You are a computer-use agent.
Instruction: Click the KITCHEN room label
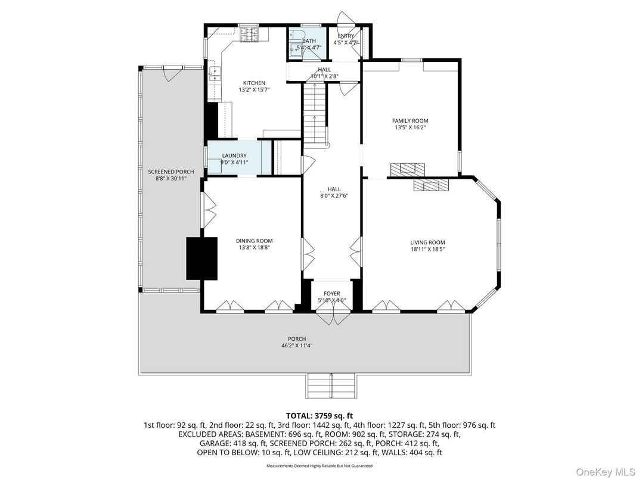[254, 83]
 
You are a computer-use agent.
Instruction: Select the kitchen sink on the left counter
[215, 74]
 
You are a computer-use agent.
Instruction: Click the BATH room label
[309, 41]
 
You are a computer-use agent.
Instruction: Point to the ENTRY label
[346, 36]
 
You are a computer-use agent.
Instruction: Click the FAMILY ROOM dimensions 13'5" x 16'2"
[410, 127]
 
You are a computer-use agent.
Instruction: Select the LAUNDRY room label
[234, 155]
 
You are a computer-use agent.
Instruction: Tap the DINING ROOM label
[254, 241]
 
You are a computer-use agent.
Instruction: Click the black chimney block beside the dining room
[201, 258]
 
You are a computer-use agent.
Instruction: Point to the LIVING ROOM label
[427, 242]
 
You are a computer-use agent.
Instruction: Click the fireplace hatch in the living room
[430, 185]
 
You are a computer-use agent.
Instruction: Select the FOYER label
[332, 294]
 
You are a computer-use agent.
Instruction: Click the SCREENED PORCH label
[171, 172]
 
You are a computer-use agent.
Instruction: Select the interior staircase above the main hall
[314, 113]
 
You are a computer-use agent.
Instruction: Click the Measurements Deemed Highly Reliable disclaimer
[319, 466]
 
